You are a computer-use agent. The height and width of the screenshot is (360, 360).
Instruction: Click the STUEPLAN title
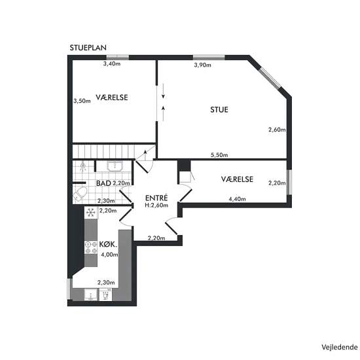pyautogui.click(x=88, y=48)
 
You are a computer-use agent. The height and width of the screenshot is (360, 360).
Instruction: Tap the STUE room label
pyautogui.click(x=219, y=110)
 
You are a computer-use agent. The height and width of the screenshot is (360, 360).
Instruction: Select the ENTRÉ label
pyautogui.click(x=156, y=198)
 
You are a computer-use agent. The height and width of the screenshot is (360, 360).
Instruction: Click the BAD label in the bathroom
pyautogui.click(x=104, y=183)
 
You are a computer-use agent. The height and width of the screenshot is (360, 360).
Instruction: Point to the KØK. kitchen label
pyautogui.click(x=108, y=245)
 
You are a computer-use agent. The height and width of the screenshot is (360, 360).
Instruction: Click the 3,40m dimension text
pyautogui.click(x=112, y=63)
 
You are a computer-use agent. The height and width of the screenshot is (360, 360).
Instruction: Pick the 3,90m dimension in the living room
pyautogui.click(x=202, y=65)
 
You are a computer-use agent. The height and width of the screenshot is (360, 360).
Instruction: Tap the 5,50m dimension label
pyautogui.click(x=219, y=155)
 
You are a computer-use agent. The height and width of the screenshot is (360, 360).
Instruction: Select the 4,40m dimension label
pyautogui.click(x=237, y=199)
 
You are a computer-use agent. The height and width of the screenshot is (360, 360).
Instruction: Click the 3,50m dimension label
pyautogui.click(x=82, y=101)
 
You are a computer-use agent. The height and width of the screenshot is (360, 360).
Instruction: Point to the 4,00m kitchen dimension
pyautogui.click(x=109, y=255)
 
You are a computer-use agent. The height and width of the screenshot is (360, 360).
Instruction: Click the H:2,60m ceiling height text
pyautogui.click(x=156, y=206)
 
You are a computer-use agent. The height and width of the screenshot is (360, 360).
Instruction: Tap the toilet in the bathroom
pyautogui.click(x=80, y=194)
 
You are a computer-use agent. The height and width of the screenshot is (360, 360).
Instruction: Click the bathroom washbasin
pyautogui.click(x=115, y=166)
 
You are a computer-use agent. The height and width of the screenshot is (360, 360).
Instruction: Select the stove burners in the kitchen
pyautogui.click(x=91, y=248)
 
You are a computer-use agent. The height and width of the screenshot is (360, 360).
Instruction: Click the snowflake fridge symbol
pyautogui.click(x=91, y=213)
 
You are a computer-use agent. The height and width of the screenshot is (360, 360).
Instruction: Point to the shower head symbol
pyautogui.click(x=83, y=166)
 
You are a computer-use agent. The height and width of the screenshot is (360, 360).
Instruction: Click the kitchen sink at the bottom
pyautogui.click(x=91, y=295)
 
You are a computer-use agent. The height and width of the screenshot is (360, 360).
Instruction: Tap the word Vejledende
pyautogui.click(x=339, y=347)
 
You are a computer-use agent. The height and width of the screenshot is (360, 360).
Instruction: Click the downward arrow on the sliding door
pyautogui.click(x=163, y=91)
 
